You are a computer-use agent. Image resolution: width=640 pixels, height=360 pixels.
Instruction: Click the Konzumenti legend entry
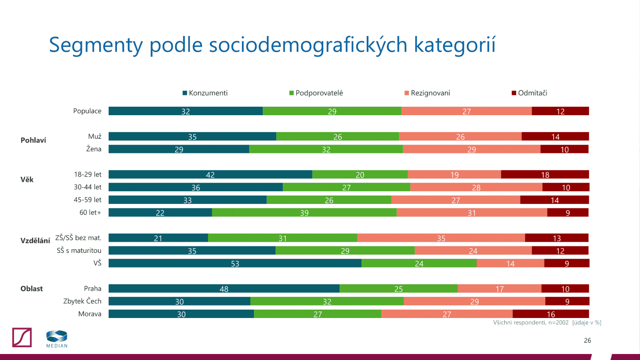[x=205, y=93]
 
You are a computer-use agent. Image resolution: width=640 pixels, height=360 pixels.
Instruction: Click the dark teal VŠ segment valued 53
[x=235, y=263]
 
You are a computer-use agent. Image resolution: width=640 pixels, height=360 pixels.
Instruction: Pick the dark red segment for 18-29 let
[x=545, y=174]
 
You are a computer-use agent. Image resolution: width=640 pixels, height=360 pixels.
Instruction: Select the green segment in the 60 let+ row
[x=304, y=212]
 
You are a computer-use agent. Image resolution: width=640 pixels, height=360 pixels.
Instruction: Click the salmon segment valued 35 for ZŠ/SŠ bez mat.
[x=441, y=238]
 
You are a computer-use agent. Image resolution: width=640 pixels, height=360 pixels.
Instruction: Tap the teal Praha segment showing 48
[x=224, y=288]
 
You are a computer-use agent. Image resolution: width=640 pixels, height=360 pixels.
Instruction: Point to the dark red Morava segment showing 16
[x=551, y=314]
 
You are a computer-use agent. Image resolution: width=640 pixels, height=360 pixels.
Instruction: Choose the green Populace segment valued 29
[x=332, y=111]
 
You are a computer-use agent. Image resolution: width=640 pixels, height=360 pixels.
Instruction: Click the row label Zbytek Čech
[x=82, y=301]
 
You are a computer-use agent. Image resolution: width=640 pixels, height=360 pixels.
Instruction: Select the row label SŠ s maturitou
[x=79, y=250]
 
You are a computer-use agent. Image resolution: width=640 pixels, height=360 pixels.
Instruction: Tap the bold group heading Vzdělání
[x=35, y=240]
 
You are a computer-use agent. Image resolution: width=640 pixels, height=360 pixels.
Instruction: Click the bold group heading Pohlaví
[x=33, y=140]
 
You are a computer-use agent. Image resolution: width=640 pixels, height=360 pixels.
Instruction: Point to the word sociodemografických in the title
[x=308, y=45]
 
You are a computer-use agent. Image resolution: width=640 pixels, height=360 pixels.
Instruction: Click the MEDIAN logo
[x=57, y=339]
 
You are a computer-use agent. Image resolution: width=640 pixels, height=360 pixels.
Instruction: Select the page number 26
[x=587, y=340]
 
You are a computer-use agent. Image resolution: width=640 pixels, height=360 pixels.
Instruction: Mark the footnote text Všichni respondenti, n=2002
[x=531, y=322]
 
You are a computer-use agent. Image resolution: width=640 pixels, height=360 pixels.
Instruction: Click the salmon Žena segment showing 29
[x=472, y=149]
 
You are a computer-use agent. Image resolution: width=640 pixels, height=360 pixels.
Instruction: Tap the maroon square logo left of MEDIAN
[x=22, y=337]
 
